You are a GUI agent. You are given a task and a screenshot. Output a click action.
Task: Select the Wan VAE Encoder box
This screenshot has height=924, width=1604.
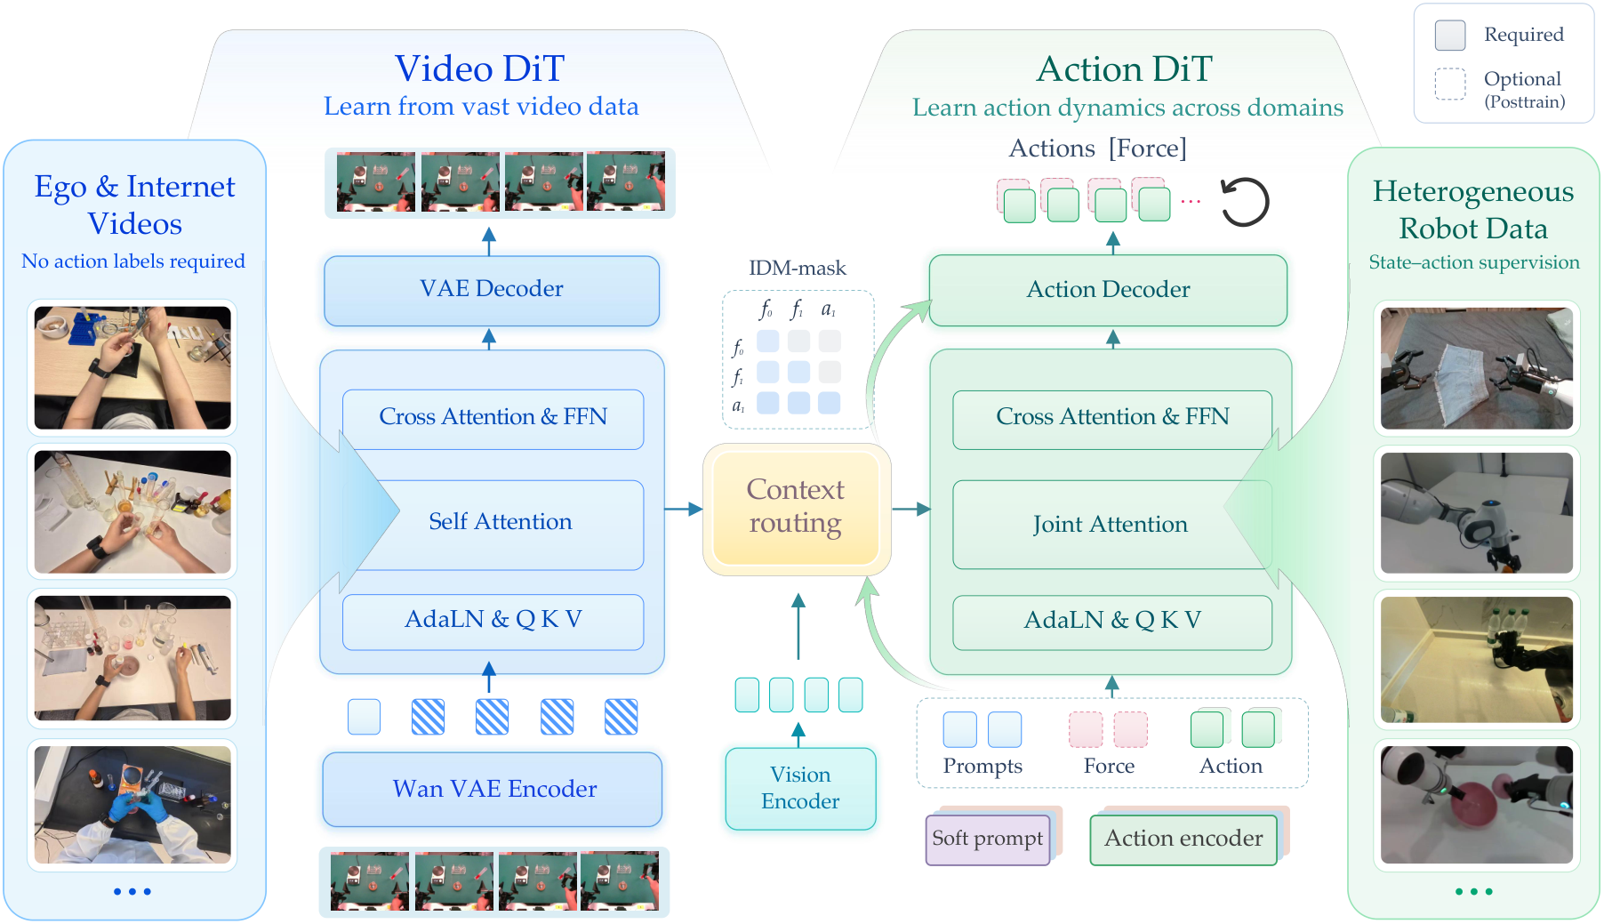coord(493,790)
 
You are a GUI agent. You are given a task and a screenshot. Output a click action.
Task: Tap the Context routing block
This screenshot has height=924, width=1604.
coord(797,509)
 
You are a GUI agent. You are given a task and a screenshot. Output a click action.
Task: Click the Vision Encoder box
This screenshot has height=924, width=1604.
coord(800,789)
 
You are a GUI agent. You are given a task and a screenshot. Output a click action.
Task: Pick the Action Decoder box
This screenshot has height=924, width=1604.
coord(1108,290)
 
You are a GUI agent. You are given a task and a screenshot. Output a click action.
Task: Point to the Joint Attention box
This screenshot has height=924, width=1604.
coord(1111,525)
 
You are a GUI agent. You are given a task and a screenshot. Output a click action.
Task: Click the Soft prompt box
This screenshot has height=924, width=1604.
coord(988,839)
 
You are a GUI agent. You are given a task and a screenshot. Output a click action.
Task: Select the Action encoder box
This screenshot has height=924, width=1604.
coord(1183,839)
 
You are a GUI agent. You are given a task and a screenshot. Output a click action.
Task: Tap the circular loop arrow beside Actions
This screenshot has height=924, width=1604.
coord(1245,203)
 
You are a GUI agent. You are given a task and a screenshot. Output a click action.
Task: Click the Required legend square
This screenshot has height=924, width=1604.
coord(1450,35)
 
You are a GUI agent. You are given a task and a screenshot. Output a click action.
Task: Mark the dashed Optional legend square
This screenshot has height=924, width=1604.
coord(1450,84)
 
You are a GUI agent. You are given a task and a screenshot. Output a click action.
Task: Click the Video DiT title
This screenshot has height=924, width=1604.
coord(480,68)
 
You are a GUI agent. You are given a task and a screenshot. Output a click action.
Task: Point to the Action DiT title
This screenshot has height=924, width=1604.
coord(1125,68)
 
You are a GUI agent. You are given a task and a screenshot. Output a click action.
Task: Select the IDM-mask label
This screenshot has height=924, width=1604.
coord(798,268)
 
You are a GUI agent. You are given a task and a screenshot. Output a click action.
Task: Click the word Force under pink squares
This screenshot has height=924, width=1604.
coord(1109,766)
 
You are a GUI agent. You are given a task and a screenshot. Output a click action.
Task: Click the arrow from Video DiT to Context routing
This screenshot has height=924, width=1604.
coord(684,510)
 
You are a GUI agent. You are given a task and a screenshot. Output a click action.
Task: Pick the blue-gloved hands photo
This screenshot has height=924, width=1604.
coord(132,804)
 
